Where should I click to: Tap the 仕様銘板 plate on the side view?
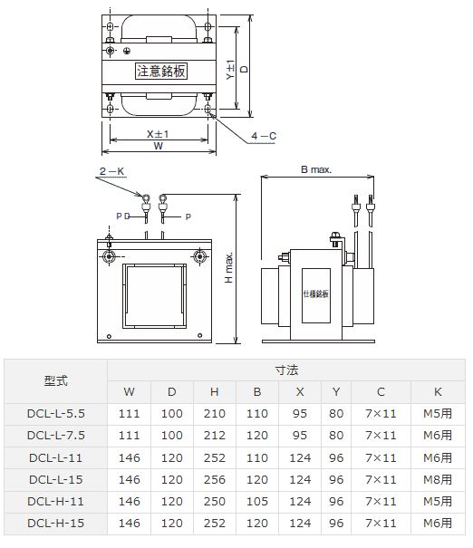316,293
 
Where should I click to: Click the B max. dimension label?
316,169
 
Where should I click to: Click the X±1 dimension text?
158,133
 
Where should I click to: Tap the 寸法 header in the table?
286,370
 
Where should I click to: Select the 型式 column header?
55,380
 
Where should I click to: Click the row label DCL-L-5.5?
55,413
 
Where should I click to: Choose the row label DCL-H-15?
55,523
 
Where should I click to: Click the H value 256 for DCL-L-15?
214,479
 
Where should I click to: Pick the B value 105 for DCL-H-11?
256,501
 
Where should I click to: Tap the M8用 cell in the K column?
439,479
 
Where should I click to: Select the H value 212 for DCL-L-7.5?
214,436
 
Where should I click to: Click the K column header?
439,391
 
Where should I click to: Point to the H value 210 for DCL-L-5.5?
214,413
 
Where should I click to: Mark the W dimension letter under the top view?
159,146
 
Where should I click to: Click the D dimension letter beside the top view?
244,69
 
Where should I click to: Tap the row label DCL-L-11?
55,457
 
